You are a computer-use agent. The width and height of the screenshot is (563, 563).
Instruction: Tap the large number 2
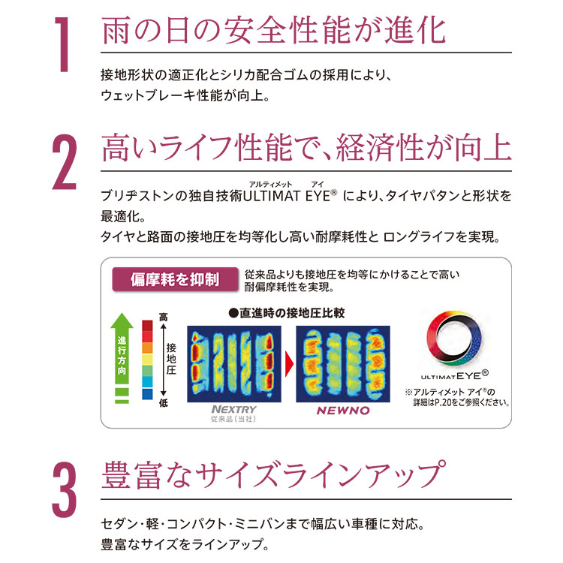(65, 161)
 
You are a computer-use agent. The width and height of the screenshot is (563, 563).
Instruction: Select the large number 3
(65, 489)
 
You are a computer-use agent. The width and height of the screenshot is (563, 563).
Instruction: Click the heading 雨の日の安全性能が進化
(273, 31)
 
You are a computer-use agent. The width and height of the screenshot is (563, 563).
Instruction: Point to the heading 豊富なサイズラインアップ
(273, 474)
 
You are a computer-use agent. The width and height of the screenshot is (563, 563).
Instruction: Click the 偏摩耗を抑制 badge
(175, 279)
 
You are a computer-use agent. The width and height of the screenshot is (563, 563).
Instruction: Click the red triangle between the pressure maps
(289, 364)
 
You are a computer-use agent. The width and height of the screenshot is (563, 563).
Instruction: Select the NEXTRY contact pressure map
(234, 364)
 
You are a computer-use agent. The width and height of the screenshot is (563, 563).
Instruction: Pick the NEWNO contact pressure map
(343, 364)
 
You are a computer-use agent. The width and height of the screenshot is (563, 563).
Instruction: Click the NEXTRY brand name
(234, 409)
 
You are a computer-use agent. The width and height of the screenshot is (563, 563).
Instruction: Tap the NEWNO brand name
(343, 411)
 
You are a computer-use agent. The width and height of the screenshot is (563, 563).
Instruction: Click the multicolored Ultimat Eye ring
(455, 338)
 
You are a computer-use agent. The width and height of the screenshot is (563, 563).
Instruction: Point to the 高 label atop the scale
(164, 317)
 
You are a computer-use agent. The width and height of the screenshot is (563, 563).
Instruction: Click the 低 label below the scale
(164, 404)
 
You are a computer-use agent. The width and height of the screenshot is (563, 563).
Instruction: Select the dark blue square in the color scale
(147, 394)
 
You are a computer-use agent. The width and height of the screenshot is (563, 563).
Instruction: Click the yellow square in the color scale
(147, 360)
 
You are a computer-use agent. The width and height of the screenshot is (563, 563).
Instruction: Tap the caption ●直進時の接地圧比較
(287, 313)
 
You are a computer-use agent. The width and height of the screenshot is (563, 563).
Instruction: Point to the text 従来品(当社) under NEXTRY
(233, 419)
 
